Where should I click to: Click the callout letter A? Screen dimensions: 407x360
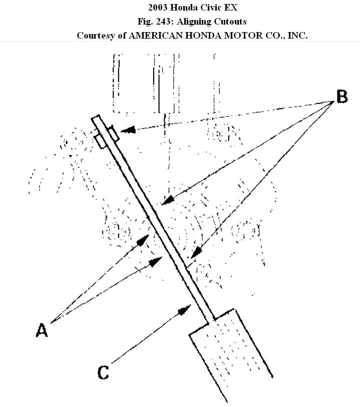coord(42,330)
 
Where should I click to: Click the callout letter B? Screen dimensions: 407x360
coord(342,97)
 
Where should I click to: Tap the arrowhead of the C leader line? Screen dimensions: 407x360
coord(186,308)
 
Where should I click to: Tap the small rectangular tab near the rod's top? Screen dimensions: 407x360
coord(109,137)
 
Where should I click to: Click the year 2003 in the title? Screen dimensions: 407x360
coord(158,8)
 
